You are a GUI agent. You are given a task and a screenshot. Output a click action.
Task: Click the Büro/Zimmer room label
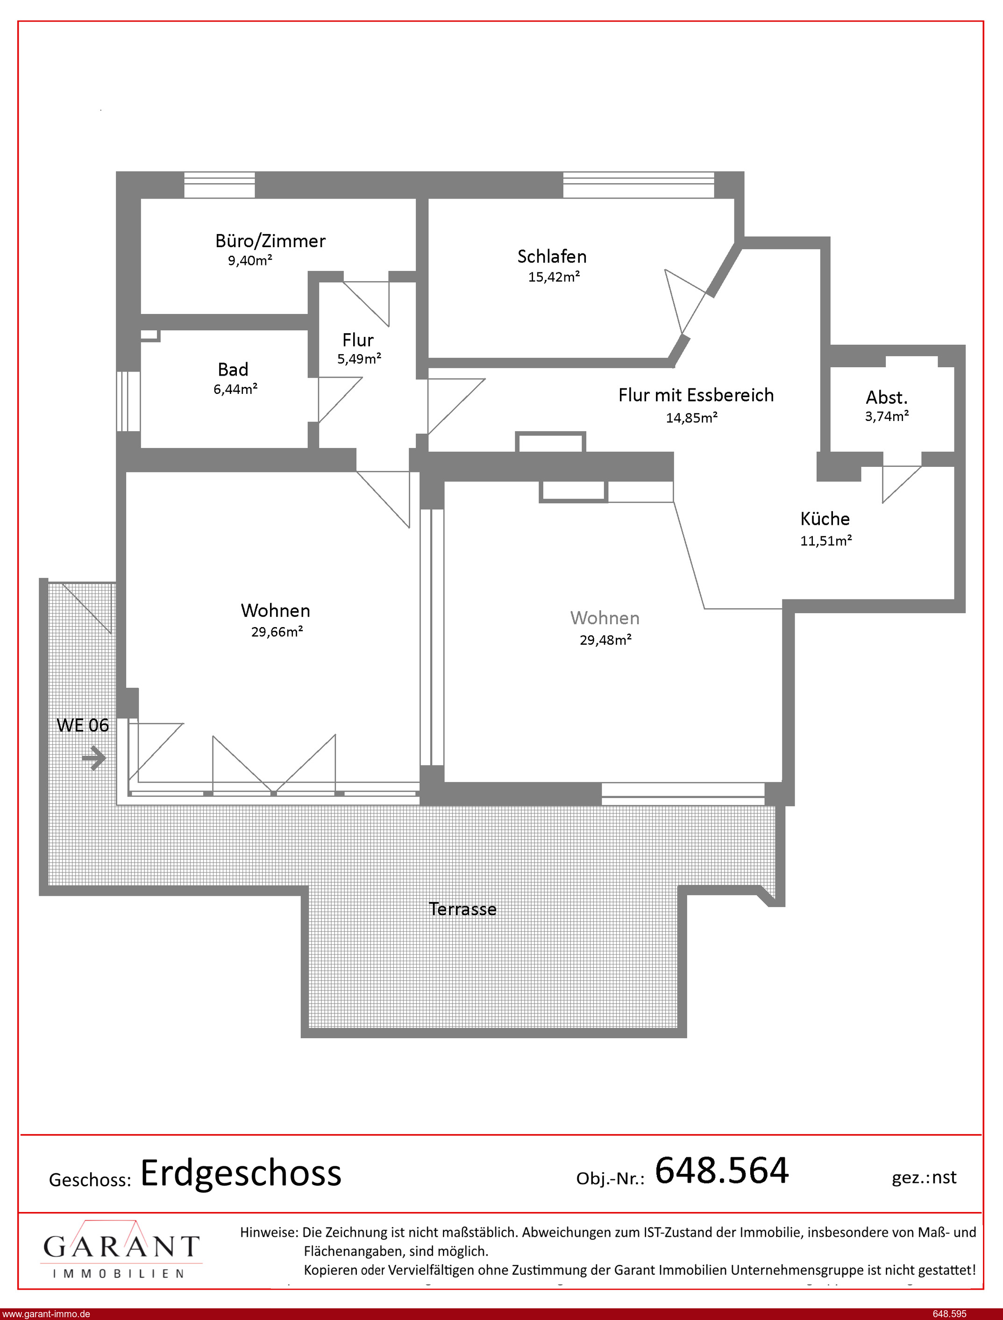tap(270, 241)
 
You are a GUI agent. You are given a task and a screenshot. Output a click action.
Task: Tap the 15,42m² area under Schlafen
tap(554, 277)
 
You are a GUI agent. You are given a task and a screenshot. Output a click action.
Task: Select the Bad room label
tap(233, 370)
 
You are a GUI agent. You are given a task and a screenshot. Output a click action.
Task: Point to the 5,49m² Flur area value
tap(359, 359)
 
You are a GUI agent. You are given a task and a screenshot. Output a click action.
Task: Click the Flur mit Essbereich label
tap(696, 395)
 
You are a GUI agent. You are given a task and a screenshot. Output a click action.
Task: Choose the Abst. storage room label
tap(887, 398)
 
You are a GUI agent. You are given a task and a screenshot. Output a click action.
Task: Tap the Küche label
tap(825, 518)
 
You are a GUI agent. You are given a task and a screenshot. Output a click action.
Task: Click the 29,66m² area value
tap(277, 632)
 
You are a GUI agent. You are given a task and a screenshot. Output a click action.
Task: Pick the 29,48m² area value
tap(605, 640)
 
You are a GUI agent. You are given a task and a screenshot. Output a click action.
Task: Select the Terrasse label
tap(462, 909)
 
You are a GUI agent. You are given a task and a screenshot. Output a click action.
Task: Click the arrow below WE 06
tap(94, 758)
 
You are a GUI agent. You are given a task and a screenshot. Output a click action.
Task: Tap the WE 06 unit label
tap(82, 725)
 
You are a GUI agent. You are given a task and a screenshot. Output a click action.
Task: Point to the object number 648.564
tap(722, 1170)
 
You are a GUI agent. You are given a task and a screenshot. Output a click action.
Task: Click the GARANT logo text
tap(121, 1246)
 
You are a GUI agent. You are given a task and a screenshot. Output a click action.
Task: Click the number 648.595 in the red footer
tap(949, 1314)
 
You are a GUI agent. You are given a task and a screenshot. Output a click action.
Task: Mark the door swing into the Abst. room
tap(902, 484)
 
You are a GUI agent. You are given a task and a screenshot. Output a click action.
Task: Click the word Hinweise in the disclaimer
tap(269, 1232)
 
